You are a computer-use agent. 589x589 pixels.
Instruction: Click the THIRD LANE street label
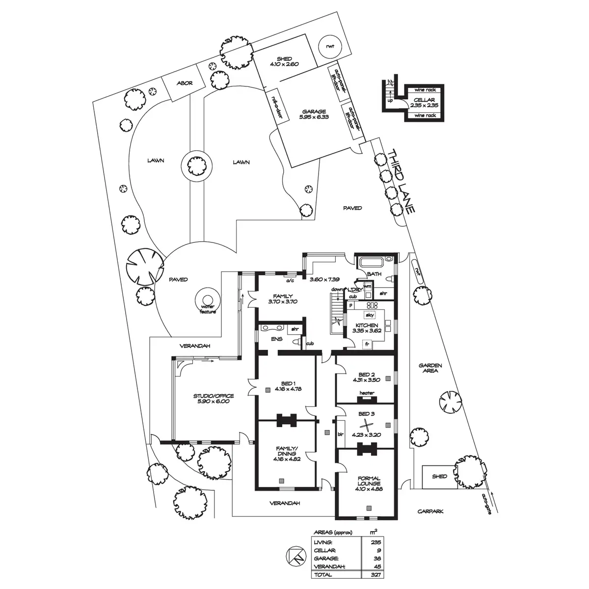coord(402,181)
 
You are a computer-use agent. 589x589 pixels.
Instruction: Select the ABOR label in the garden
coord(184,83)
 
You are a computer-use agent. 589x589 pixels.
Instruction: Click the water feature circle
coord(206,300)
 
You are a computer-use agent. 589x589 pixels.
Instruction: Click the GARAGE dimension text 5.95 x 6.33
coord(315,117)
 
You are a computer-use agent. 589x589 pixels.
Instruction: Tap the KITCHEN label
coord(366,325)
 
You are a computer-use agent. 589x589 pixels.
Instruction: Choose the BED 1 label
coord(288,383)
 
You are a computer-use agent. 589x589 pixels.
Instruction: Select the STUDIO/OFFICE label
coord(214,396)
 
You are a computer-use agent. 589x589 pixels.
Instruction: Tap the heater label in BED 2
coord(367,393)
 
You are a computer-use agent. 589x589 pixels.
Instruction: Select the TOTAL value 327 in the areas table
coord(375,574)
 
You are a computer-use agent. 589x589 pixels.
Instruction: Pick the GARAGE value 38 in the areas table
coord(377,559)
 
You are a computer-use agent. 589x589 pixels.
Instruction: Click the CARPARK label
coord(430,511)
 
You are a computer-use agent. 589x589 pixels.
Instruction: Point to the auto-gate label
coord(486,502)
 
